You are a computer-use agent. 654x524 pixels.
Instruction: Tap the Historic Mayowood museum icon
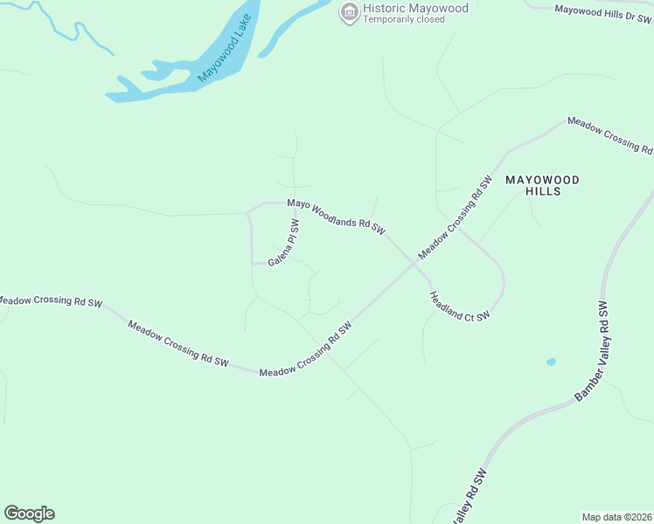click(x=349, y=11)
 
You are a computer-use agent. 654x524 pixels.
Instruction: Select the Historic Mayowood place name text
click(x=415, y=8)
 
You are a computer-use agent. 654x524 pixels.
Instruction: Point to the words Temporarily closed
click(x=404, y=19)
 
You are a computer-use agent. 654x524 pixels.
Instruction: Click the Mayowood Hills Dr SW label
click(x=603, y=12)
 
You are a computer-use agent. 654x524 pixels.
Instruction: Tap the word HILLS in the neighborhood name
click(x=542, y=191)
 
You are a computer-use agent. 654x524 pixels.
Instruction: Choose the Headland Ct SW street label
click(x=459, y=307)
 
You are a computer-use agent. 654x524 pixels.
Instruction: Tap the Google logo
click(x=29, y=514)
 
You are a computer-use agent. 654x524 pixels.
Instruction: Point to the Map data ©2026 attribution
click(x=616, y=516)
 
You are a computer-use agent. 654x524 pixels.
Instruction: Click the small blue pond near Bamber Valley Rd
click(x=550, y=362)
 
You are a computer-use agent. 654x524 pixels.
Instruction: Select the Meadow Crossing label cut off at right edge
click(x=610, y=134)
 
